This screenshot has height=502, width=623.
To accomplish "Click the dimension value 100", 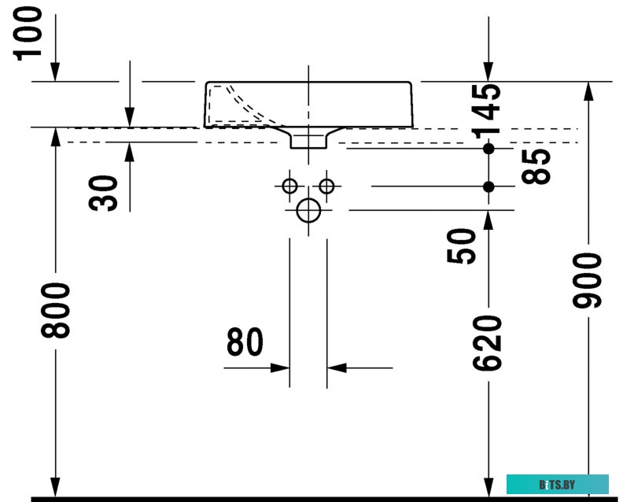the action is coord(28,34).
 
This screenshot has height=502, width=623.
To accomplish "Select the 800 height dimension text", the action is coord(56,311).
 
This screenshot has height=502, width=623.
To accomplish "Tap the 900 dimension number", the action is coord(588,281).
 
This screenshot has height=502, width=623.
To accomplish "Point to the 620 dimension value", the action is coord(488,343).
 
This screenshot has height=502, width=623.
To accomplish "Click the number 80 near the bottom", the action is coord(245,341).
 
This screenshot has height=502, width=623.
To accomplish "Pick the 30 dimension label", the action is coord(103,194).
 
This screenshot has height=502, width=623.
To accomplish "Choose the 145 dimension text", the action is coord(488,111).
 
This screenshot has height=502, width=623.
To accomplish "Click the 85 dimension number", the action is coord(536,167).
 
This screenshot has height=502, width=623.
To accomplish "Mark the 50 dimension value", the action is coord(461,245).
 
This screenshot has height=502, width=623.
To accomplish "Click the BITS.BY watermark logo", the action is coord(558,485).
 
